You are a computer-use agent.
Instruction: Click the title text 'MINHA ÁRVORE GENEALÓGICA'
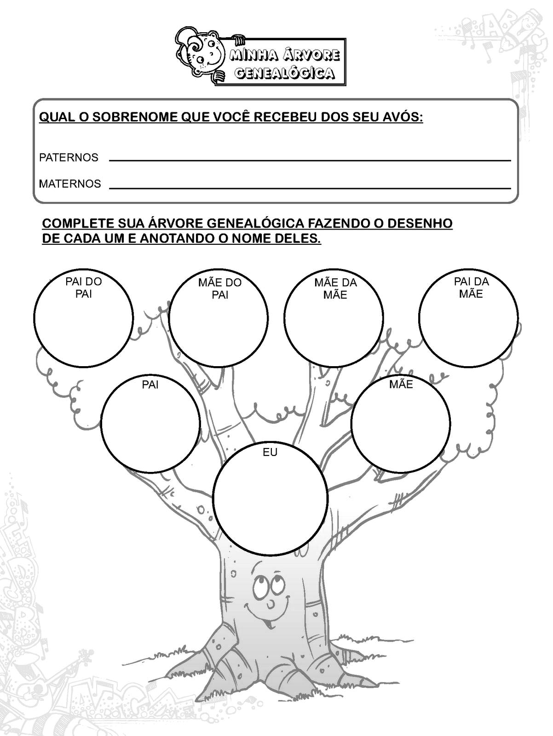pyautogui.click(x=283, y=64)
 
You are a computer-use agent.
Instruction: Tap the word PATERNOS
pyautogui.click(x=69, y=157)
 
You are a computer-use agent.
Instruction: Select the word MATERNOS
pyautogui.click(x=70, y=184)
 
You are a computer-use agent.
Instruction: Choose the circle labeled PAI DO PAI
pyautogui.click(x=83, y=322)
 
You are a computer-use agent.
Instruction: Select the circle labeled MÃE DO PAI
pyautogui.click(x=219, y=322)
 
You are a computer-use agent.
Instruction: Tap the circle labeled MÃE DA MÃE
pyautogui.click(x=334, y=322)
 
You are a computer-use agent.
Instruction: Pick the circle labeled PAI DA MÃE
pyautogui.click(x=468, y=322)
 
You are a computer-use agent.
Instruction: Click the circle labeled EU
pyautogui.click(x=271, y=501)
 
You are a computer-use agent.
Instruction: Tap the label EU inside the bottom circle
pyautogui.click(x=270, y=453)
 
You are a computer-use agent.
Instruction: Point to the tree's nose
pyautogui.click(x=272, y=602)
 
